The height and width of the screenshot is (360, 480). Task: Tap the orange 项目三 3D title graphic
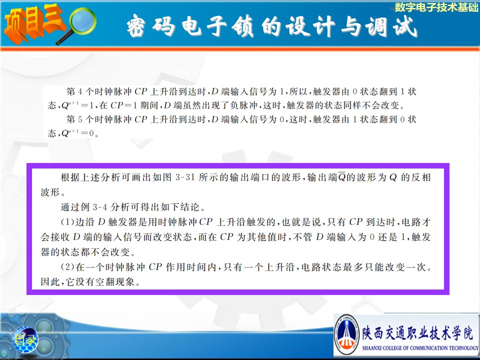click(x=33, y=24)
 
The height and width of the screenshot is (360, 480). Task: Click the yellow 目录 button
click(x=25, y=339)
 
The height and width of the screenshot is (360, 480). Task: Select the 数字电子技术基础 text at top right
click(x=436, y=7)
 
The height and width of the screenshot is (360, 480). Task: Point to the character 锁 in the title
click(x=243, y=26)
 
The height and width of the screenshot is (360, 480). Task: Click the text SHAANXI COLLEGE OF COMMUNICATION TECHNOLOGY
click(x=420, y=348)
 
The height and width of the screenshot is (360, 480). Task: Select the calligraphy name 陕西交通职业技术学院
click(x=418, y=333)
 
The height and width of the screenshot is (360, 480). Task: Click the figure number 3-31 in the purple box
click(x=185, y=177)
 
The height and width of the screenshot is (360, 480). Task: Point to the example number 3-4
click(x=99, y=207)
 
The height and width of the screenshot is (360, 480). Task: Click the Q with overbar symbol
click(x=342, y=177)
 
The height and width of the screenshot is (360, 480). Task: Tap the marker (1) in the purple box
click(x=67, y=222)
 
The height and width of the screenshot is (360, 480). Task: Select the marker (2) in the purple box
click(x=67, y=267)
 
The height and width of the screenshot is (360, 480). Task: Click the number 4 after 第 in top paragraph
click(x=80, y=91)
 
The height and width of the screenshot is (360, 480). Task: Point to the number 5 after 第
click(x=80, y=119)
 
